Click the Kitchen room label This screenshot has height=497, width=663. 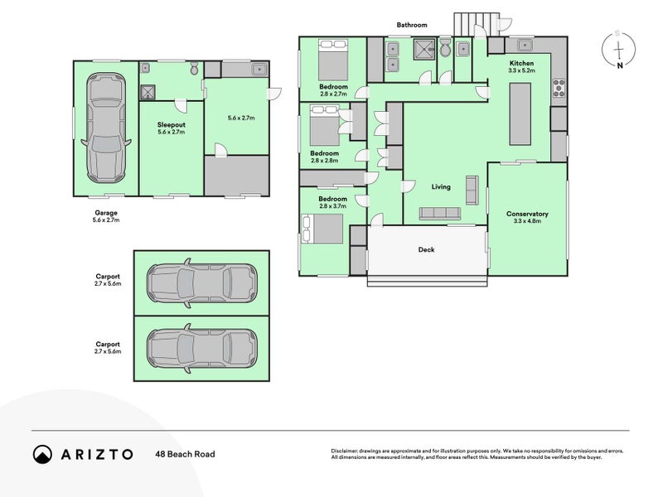pos(521,63)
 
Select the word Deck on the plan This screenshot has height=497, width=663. pos(426,249)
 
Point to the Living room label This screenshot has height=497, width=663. pos(441,187)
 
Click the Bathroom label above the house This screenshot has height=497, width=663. pos(412,26)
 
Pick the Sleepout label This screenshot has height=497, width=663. pos(171,124)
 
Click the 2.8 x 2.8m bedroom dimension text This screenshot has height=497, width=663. pos(324,161)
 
